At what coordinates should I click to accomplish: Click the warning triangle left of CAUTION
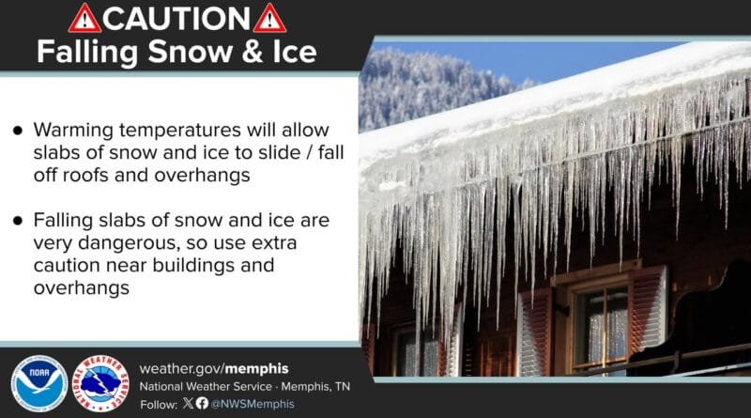(x=84, y=18)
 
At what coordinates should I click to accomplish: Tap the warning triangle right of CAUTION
(x=269, y=18)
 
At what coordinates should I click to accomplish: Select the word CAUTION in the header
(x=177, y=18)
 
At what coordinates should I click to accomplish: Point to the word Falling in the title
(x=80, y=52)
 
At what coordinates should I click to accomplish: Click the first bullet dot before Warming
(x=17, y=132)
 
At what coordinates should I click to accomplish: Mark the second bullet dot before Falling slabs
(x=17, y=221)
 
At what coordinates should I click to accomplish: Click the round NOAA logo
(x=38, y=382)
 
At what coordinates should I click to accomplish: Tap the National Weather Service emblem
(x=100, y=382)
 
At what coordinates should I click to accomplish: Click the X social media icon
(x=188, y=402)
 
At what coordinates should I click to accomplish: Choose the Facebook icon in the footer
(x=201, y=402)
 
